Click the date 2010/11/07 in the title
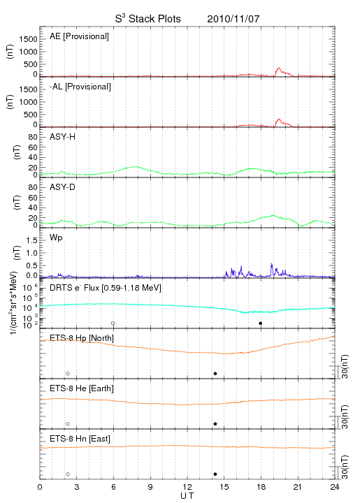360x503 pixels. [x=233, y=19]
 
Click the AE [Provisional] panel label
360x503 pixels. [x=79, y=36]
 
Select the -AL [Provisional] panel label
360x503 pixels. [x=80, y=87]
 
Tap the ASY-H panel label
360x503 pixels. [x=63, y=137]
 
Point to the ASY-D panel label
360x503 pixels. [x=63, y=187]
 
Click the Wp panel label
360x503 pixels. [x=56, y=238]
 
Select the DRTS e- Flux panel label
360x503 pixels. [x=106, y=288]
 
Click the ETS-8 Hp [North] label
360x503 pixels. [x=82, y=338]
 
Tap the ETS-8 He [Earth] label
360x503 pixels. [x=82, y=388]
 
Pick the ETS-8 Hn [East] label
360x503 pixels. [x=80, y=439]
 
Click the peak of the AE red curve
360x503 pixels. [x=279, y=68]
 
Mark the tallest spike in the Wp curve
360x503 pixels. [x=271, y=263]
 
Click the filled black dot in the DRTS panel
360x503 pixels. [x=261, y=323]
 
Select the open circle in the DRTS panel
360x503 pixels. [x=113, y=323]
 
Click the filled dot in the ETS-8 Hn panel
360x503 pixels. [x=215, y=474]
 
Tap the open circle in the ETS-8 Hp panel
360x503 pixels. [x=68, y=374]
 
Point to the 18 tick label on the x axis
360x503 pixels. [x=261, y=488]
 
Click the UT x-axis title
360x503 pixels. [x=187, y=496]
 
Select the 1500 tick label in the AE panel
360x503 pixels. [x=28, y=39]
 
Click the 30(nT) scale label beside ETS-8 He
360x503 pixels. [x=345, y=416]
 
